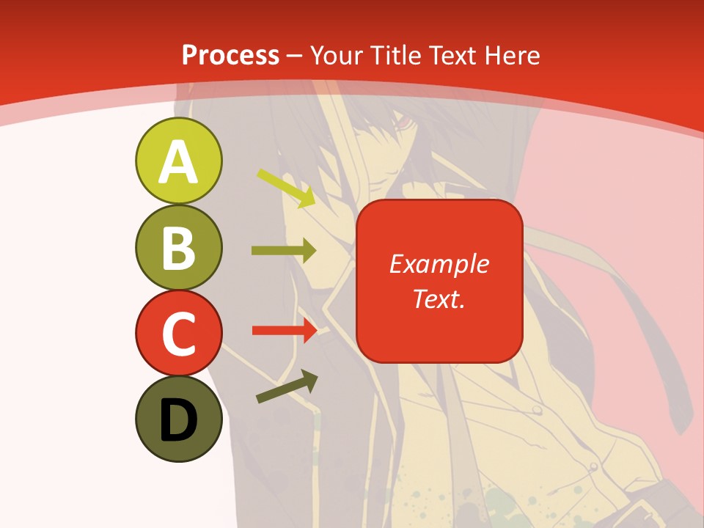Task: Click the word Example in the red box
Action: point(439,264)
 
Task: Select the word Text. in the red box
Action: point(439,298)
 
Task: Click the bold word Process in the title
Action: point(230,55)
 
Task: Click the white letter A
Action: point(178,162)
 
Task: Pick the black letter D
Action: point(178,421)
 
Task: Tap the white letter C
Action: point(178,334)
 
